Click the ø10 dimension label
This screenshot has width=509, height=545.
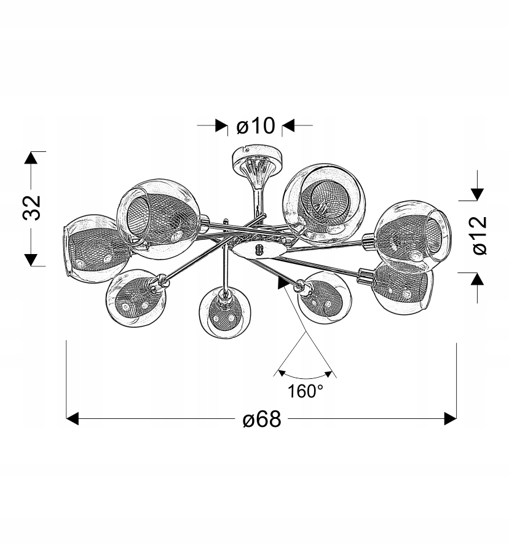pos(256,125)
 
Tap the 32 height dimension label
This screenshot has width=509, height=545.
pos(31,208)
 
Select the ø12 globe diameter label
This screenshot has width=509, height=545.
pos(480,236)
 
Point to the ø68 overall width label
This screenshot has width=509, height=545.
pos(262,419)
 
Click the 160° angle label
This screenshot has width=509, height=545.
pos(306,392)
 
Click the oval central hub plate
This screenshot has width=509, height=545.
pos(259,250)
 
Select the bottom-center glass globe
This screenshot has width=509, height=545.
pos(225,312)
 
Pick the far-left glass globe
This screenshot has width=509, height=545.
pos(96,249)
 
